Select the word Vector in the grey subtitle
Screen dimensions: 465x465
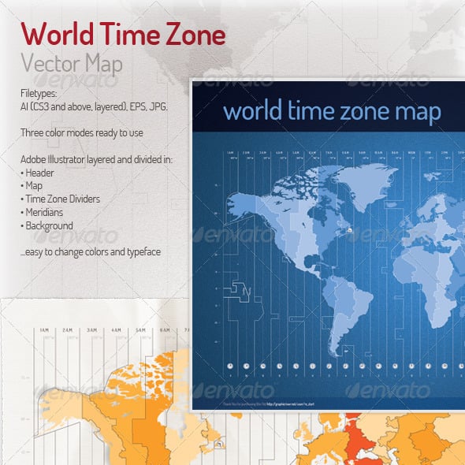(50, 64)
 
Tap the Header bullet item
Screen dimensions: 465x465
(42, 173)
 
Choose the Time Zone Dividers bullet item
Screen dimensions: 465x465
(63, 199)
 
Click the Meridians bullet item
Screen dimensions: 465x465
(48, 213)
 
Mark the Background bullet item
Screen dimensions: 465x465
(50, 226)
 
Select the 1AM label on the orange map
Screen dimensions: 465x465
(44, 329)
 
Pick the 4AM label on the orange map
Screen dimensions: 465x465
(117, 329)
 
